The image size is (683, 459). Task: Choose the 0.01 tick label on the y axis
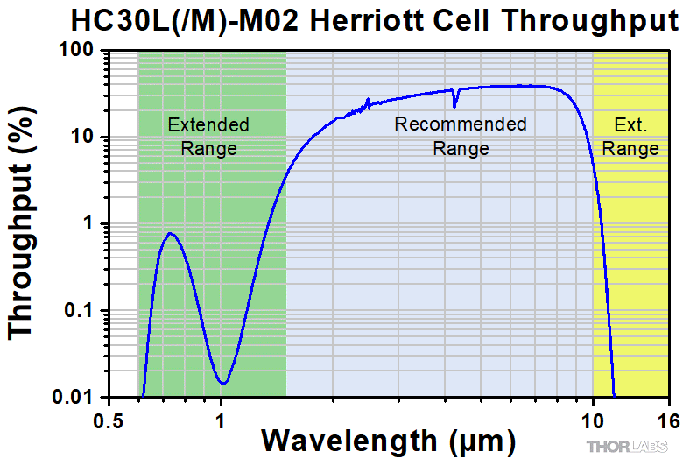click(74, 397)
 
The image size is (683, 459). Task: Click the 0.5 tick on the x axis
click(109, 418)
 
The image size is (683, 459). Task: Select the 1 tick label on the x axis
click(221, 418)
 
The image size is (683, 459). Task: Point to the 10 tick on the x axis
click(593, 418)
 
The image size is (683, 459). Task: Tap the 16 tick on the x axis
click(668, 418)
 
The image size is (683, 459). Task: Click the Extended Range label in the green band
click(208, 136)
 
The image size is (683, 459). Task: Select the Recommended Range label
click(461, 136)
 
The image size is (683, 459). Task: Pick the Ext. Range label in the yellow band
click(630, 136)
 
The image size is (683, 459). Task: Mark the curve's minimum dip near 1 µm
click(224, 383)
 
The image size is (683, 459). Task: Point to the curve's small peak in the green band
click(171, 233)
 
